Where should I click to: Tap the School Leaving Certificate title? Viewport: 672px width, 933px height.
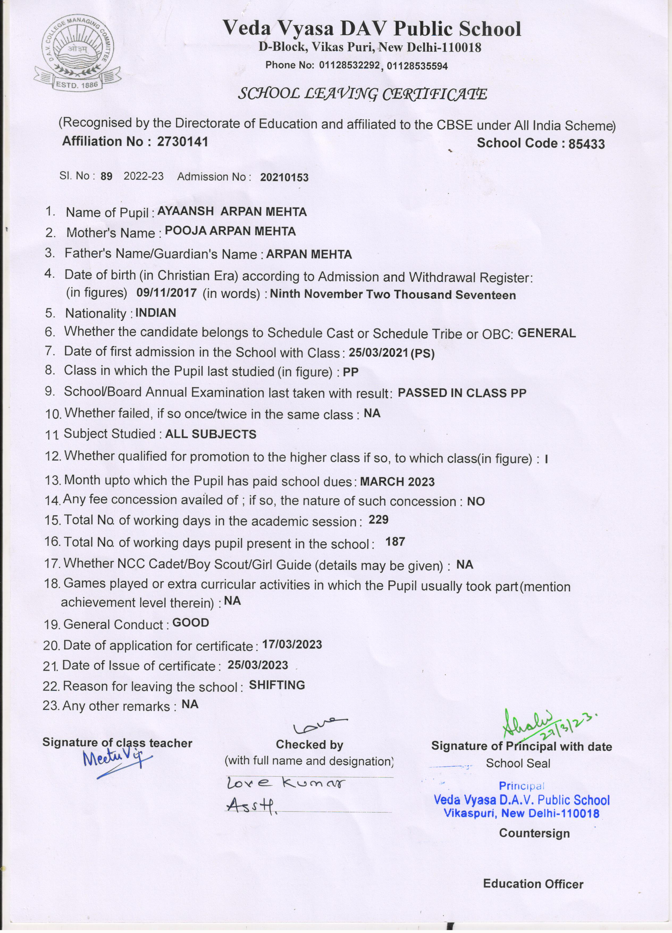click(x=363, y=95)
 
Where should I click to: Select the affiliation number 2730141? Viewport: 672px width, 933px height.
click(x=183, y=142)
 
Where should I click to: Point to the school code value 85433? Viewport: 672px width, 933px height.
click(x=586, y=144)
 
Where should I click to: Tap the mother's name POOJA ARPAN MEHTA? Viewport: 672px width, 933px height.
click(x=230, y=232)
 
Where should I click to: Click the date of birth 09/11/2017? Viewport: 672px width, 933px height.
click(x=166, y=293)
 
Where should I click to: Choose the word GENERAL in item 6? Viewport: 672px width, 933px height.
click(x=546, y=333)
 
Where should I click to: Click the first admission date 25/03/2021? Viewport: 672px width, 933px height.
click(x=378, y=353)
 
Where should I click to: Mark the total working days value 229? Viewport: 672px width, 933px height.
click(x=378, y=520)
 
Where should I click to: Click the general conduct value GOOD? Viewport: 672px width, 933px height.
click(x=191, y=623)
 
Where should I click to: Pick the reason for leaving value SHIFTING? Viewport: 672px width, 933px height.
click(x=277, y=685)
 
